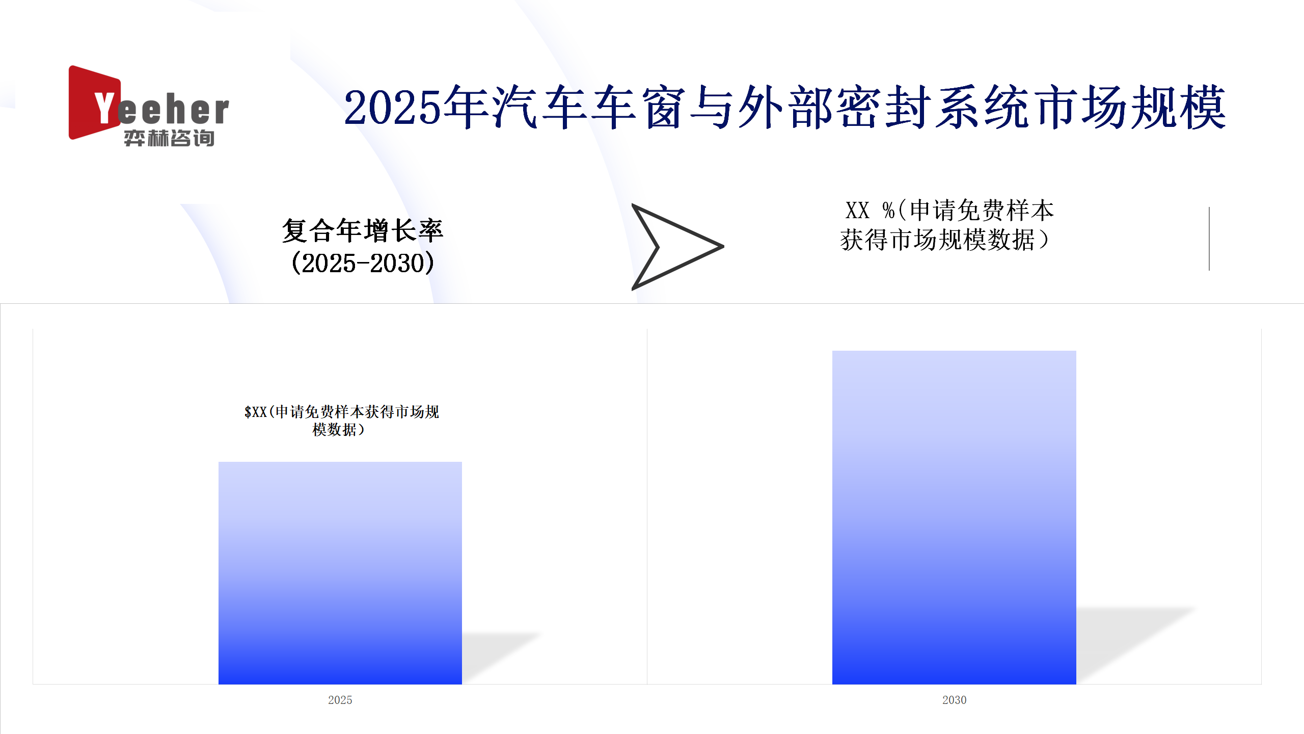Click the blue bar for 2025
[340, 573]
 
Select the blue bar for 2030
[954, 517]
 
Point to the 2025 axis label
[340, 700]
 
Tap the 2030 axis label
[954, 700]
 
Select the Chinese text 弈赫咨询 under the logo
[169, 138]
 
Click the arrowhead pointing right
[677, 247]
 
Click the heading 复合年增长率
[363, 230]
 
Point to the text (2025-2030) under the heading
[363, 263]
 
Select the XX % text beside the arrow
[870, 210]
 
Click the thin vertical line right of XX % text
[1209, 239]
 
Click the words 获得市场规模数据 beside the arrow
[937, 240]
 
